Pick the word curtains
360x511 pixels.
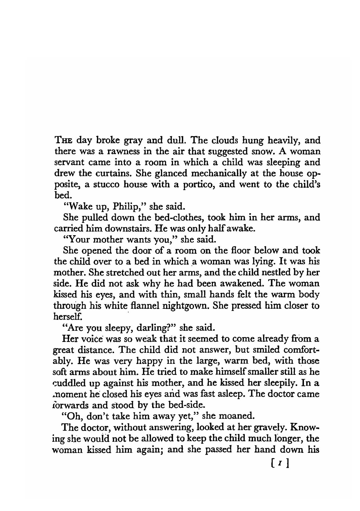114,174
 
